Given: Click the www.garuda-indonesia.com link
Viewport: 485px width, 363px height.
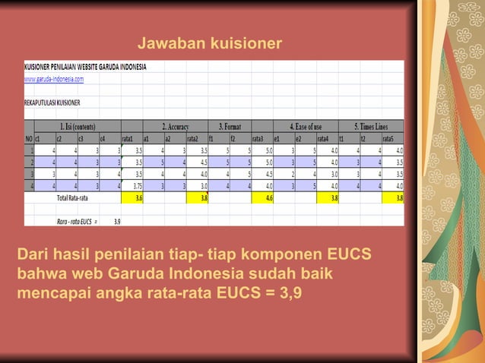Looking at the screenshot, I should [54, 78].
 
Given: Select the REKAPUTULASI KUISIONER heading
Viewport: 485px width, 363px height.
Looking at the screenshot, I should [52, 102].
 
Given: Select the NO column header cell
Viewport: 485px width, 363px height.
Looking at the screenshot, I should [29, 138].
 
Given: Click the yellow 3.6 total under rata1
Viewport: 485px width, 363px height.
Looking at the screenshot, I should [137, 197].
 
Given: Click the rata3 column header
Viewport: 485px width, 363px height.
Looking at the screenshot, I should [258, 138].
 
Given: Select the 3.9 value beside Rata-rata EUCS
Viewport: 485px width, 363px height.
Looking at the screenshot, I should [116, 222].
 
